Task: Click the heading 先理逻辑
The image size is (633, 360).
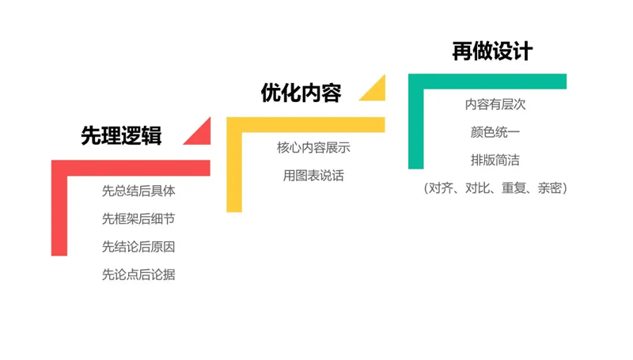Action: pyautogui.click(x=121, y=135)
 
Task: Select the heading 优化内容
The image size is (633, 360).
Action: pyautogui.click(x=301, y=93)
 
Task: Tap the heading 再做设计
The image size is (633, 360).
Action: pyautogui.click(x=492, y=51)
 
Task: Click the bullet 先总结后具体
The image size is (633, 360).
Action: pyautogui.click(x=138, y=191)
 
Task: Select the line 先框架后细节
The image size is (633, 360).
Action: pyautogui.click(x=138, y=218)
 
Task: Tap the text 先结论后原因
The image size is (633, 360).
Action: pyautogui.click(x=138, y=247)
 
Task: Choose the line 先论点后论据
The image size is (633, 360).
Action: pyautogui.click(x=138, y=275)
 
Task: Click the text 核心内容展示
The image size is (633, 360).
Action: pyautogui.click(x=313, y=148)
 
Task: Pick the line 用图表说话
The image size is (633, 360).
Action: pyautogui.click(x=313, y=176)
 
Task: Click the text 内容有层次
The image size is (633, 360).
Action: pyautogui.click(x=495, y=104)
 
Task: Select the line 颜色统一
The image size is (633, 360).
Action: pyautogui.click(x=495, y=132)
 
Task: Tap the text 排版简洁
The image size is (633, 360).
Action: pyautogui.click(x=495, y=161)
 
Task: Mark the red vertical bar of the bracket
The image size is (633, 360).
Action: pyautogui.click(x=59, y=208)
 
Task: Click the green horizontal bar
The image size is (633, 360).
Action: pyautogui.click(x=487, y=81)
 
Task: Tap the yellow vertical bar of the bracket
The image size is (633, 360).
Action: pyautogui.click(x=234, y=165)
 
